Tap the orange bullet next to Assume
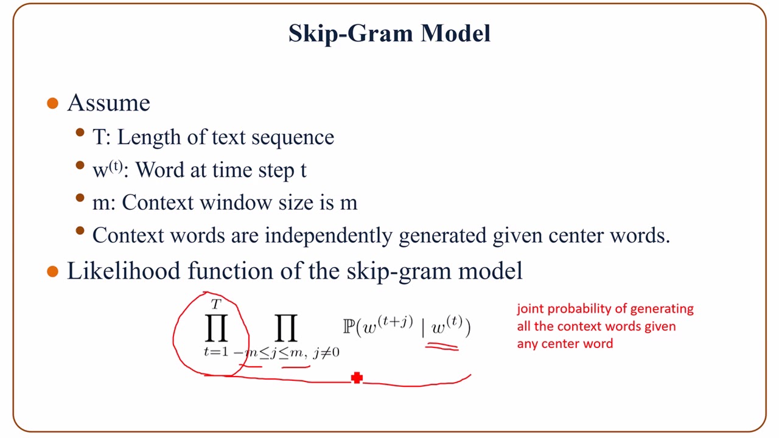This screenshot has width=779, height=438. click(x=53, y=103)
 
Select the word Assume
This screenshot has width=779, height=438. click(x=108, y=103)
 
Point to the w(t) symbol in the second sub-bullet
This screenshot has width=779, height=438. click(x=107, y=170)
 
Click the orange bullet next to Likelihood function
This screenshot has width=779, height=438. click(x=53, y=271)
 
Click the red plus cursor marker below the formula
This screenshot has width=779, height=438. click(x=357, y=378)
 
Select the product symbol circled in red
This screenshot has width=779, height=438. click(x=215, y=328)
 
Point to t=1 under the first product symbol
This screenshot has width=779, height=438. click(x=216, y=352)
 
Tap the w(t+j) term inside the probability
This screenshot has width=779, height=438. click(x=387, y=327)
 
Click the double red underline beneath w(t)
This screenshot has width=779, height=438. click(x=442, y=347)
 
